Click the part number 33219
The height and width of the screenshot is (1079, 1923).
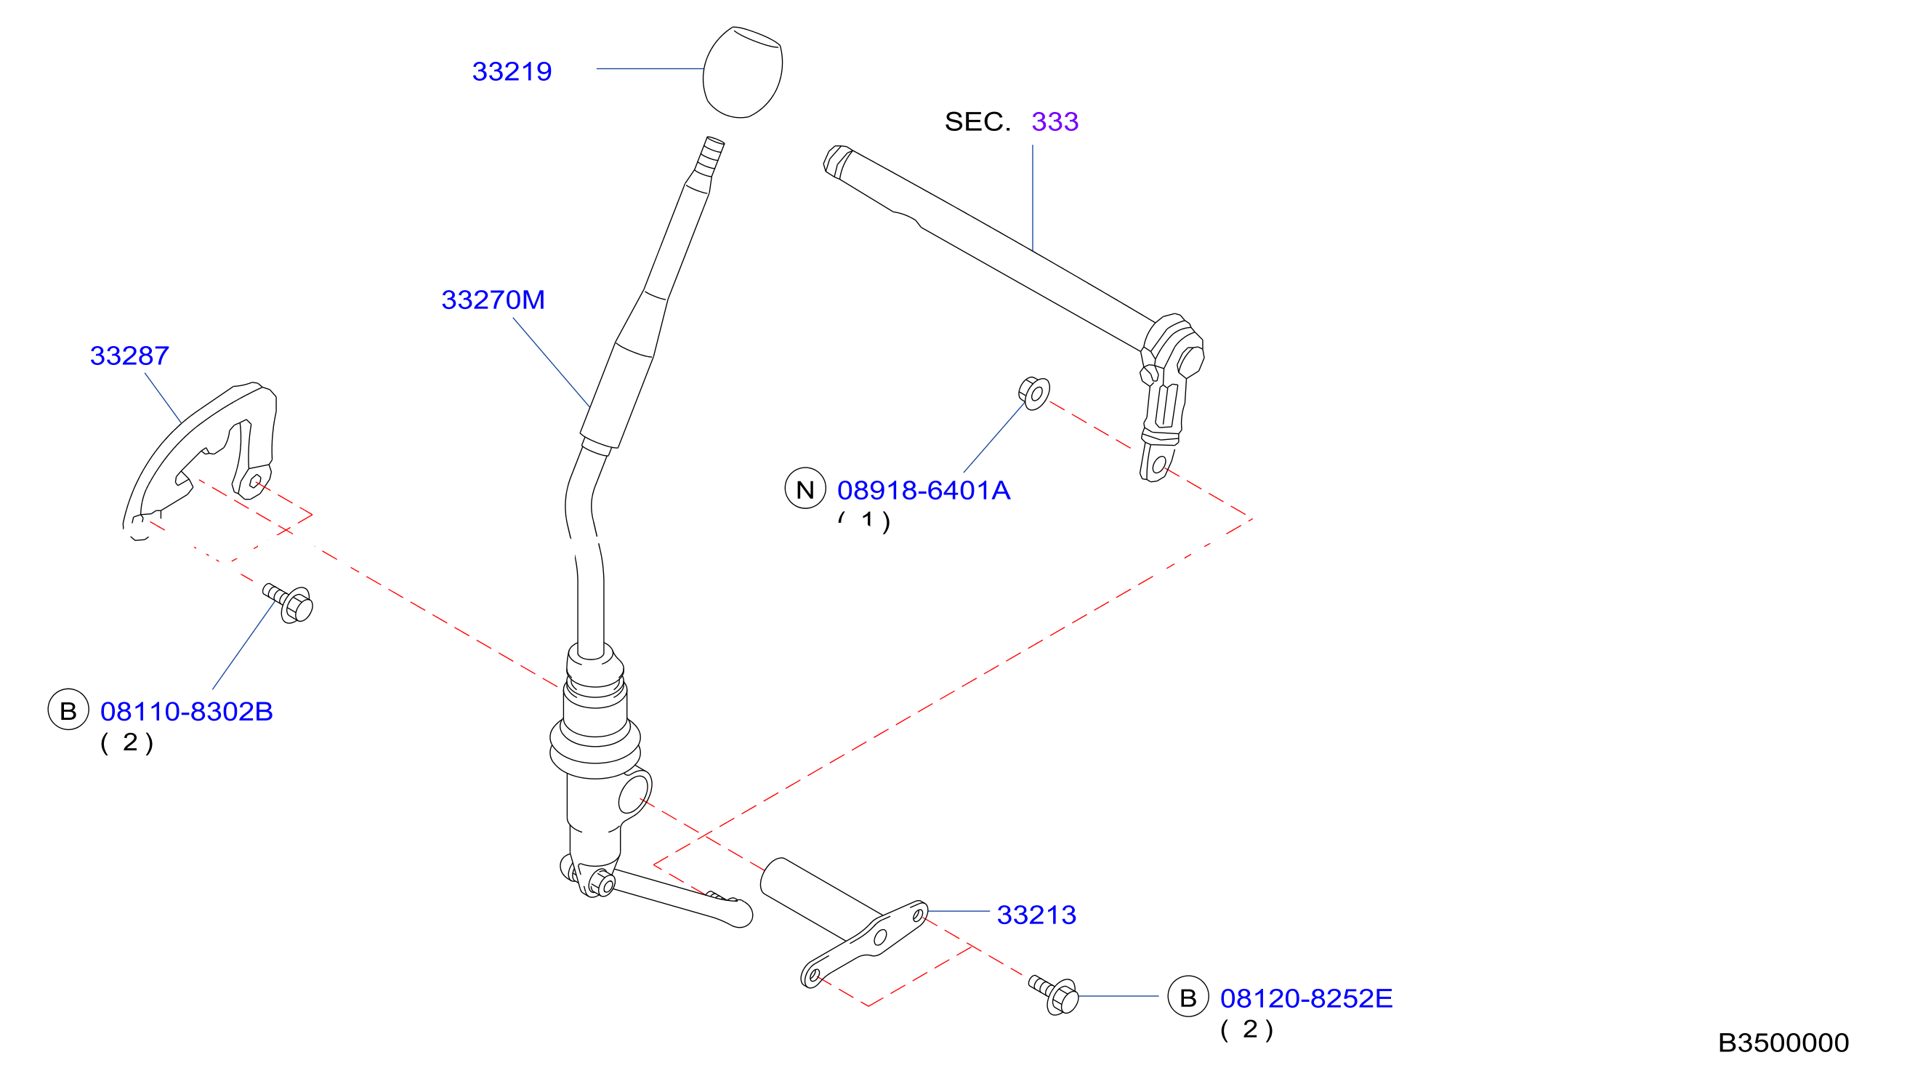pos(512,72)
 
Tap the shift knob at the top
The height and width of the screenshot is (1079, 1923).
pos(742,72)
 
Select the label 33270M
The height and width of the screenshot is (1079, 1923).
pos(493,300)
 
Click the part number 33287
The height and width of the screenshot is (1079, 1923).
pos(129,356)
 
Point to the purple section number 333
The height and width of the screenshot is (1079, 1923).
pos(1055,121)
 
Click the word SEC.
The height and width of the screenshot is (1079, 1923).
pos(977,121)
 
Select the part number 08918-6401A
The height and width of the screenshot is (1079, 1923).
pos(924,491)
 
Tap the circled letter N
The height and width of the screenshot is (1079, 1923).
pos(805,489)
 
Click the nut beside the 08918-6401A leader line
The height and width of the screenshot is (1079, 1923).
pos(1034,393)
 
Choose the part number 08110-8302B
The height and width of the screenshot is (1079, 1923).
pos(187,712)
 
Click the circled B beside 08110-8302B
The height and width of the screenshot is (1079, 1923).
pos(68,710)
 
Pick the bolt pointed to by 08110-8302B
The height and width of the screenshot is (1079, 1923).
pos(289,603)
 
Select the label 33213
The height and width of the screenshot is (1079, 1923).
pos(1036,915)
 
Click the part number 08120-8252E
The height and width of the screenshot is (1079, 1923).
pos(1307,998)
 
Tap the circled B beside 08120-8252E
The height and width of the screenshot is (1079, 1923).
pos(1188,996)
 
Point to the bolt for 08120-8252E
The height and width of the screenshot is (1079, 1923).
pos(1054,995)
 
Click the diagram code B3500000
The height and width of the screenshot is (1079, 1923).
pos(1783,1043)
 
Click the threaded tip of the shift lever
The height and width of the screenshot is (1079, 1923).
pos(710,156)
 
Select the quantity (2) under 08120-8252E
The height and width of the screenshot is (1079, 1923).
pos(1246,1030)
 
